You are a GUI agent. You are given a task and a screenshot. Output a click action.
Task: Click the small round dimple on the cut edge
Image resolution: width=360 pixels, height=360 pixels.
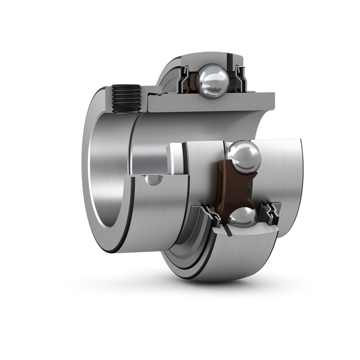[154, 179]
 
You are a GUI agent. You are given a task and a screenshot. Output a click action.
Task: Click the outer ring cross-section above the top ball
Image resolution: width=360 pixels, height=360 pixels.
[210, 60]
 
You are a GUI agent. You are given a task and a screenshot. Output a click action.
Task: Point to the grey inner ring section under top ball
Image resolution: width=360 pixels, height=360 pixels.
[210, 104]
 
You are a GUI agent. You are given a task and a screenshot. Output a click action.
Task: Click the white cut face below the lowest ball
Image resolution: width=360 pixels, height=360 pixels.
[252, 231]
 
